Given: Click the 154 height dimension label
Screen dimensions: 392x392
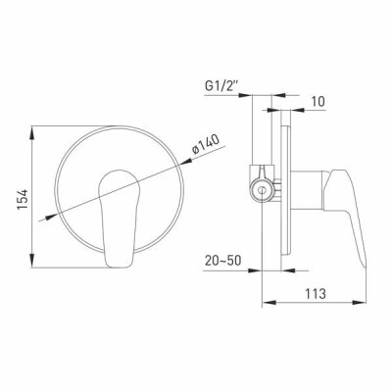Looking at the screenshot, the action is tap(24, 200).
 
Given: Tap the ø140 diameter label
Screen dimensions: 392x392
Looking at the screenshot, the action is tap(206, 144).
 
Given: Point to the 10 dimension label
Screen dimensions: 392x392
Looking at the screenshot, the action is tap(318, 101).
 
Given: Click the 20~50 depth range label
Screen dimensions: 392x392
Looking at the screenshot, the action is tap(222, 261).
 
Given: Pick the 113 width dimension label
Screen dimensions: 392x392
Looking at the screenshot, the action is tap(316, 293).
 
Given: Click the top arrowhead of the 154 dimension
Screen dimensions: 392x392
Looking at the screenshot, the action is tap(32, 132).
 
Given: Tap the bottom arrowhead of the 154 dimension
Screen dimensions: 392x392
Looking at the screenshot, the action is tap(32, 261).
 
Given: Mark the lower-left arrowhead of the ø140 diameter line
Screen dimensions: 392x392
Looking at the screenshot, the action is tap(51, 217).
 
